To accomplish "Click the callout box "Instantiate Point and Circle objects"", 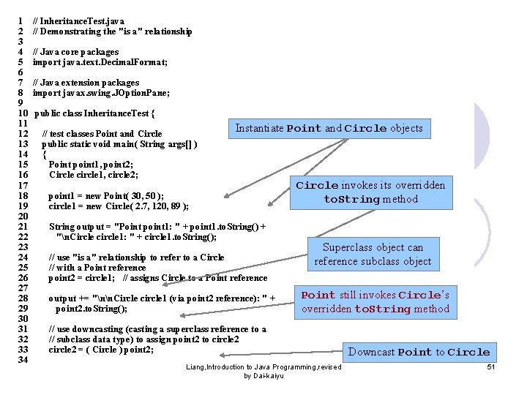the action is (329, 128).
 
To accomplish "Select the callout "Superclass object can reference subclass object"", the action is (373, 255).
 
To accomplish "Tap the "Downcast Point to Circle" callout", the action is (419, 352).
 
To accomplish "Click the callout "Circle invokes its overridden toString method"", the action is (370, 192).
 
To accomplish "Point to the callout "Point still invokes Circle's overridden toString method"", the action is (375, 301).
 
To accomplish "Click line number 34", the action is (22, 360).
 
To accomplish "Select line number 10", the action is (22, 113).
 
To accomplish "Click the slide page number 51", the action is (491, 366).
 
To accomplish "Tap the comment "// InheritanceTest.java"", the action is (78, 21).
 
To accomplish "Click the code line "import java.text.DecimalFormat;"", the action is (100, 62).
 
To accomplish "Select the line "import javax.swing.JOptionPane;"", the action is (101, 93).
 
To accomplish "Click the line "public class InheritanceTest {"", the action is (94, 113).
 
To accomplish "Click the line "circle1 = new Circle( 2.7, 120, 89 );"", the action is (119, 206).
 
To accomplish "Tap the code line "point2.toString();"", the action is (91, 309).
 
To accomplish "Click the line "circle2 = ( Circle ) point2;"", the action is (101, 350).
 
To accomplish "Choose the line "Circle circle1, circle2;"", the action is (94, 175).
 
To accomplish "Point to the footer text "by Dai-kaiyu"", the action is (263, 376).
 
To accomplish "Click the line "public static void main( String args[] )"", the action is (119, 144).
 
